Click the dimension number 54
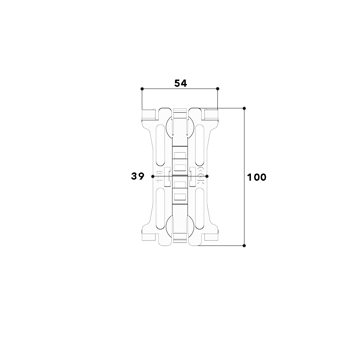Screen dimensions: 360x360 (x=181, y=83)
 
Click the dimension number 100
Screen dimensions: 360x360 (x=257, y=177)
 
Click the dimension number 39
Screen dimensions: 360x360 (x=138, y=176)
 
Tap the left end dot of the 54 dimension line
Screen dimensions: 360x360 (x=142, y=89)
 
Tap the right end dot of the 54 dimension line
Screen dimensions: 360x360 (x=218, y=89)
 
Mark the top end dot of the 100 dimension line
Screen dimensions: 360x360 (x=244, y=108)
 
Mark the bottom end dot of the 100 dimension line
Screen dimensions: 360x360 (x=244, y=246)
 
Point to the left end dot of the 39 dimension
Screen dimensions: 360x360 (x=153, y=176)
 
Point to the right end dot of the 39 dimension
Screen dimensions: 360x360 (x=207, y=176)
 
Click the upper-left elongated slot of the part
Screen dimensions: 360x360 (x=160, y=145)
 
